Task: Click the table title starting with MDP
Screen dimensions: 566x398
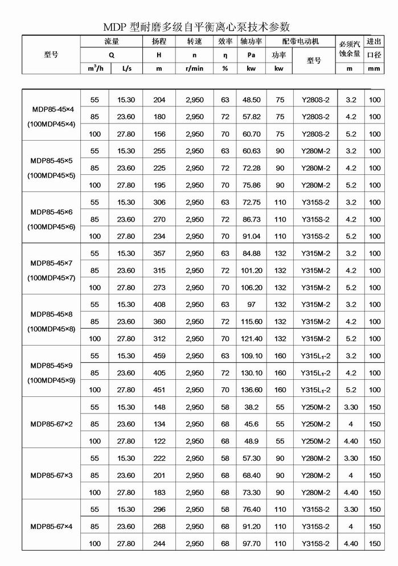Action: point(196,27)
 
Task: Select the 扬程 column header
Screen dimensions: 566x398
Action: point(159,42)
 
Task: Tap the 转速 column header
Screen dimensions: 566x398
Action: point(194,42)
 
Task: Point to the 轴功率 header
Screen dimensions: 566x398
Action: point(251,42)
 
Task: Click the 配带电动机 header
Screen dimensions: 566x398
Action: point(301,42)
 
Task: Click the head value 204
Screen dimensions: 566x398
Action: point(159,100)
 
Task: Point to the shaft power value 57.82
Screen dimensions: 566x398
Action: point(251,117)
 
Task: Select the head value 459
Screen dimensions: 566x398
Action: point(159,356)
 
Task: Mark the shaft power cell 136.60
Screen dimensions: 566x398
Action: point(251,390)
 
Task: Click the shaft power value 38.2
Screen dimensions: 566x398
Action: point(251,407)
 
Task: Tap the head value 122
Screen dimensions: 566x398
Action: point(159,441)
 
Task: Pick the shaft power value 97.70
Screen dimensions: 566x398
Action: point(251,544)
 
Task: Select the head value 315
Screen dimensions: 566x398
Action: point(159,270)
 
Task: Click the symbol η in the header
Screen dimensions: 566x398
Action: point(225,55)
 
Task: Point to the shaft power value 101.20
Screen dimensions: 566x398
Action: point(251,270)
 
